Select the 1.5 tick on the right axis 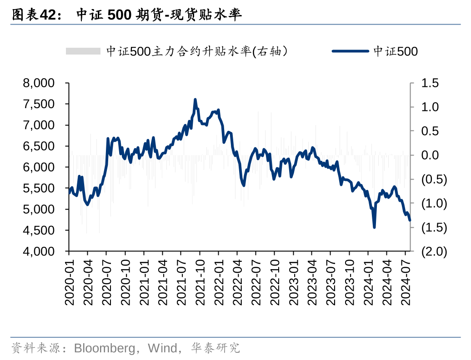pos(430,83)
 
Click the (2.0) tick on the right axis pos(434,251)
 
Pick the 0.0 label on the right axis pos(430,155)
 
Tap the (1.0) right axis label pos(434,203)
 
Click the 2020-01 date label pos(69,282)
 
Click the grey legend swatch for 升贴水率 pos(83,51)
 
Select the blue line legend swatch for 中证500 pos(350,51)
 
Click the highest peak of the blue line pos(195,99)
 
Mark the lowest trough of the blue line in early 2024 pos(374,227)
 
